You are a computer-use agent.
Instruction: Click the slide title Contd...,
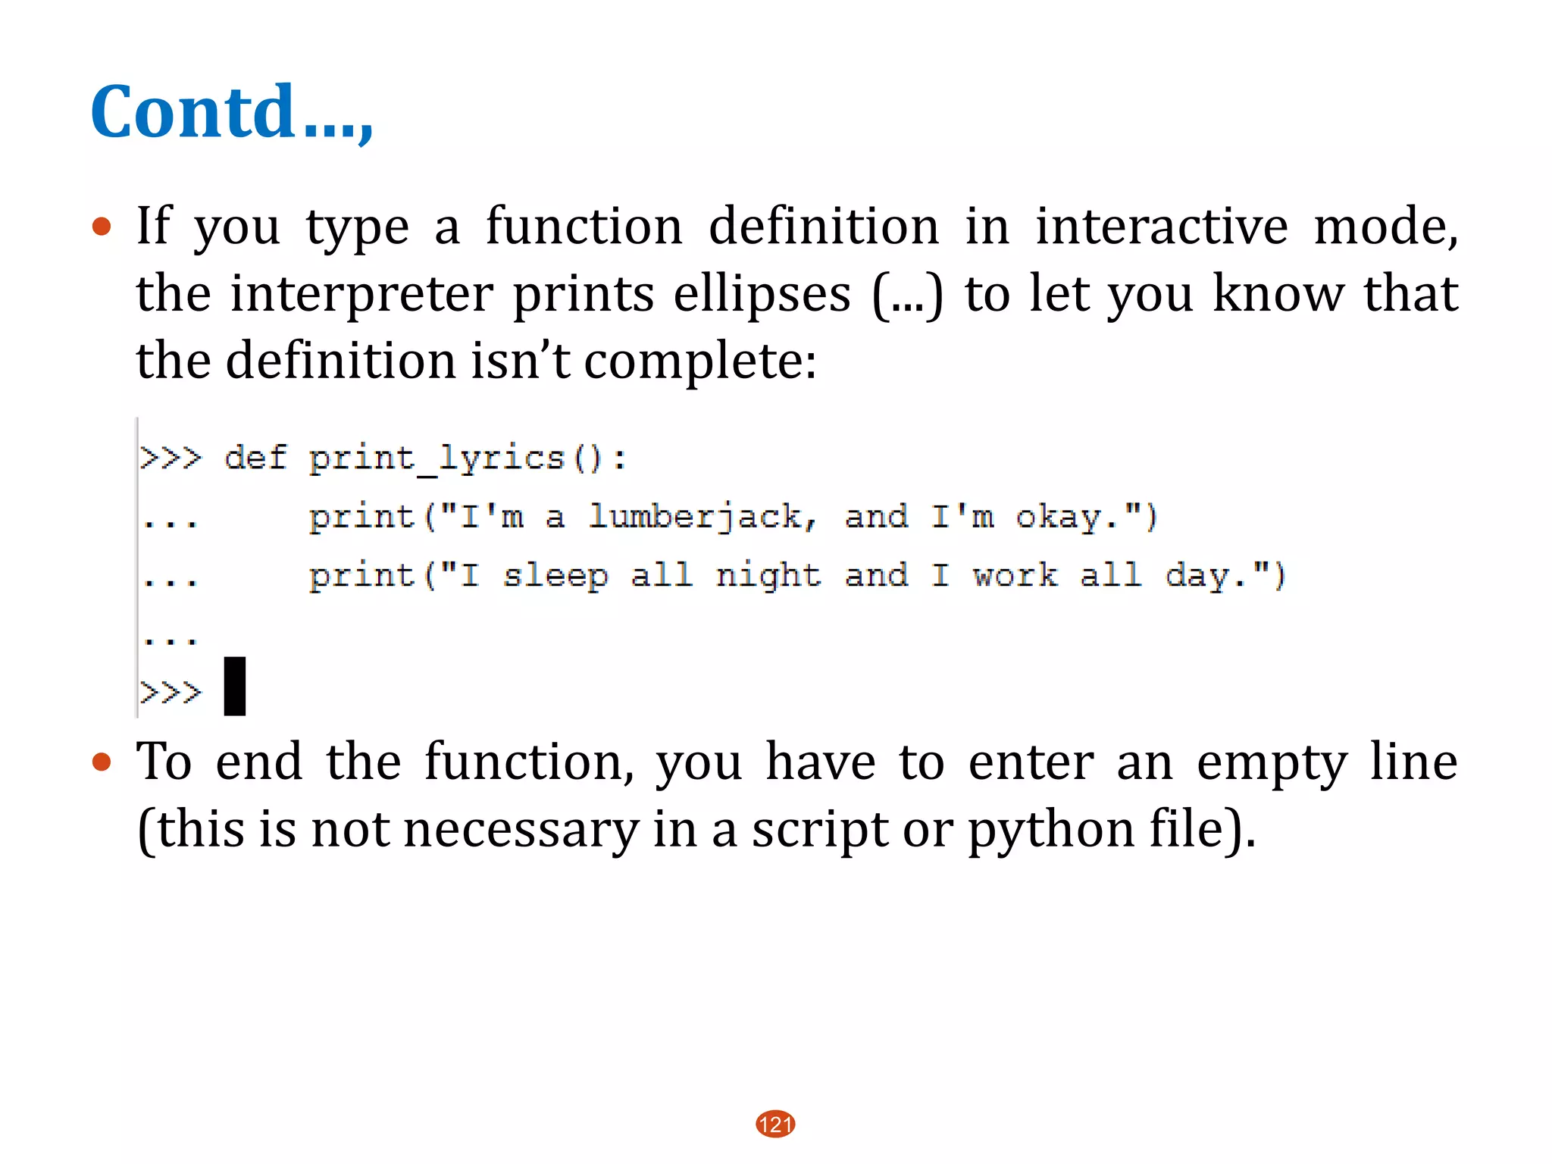(231, 112)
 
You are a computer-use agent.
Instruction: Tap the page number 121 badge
(775, 1124)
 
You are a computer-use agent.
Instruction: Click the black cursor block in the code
(235, 687)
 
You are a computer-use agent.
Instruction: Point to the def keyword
(255, 458)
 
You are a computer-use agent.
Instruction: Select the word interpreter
(361, 294)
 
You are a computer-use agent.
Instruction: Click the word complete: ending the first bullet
(700, 361)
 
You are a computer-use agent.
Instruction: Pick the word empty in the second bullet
(1272, 762)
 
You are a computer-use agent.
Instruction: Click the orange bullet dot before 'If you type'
(102, 227)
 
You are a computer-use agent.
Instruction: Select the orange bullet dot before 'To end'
(102, 762)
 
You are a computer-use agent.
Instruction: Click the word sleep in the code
(555, 576)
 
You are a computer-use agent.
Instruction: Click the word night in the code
(768, 576)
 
